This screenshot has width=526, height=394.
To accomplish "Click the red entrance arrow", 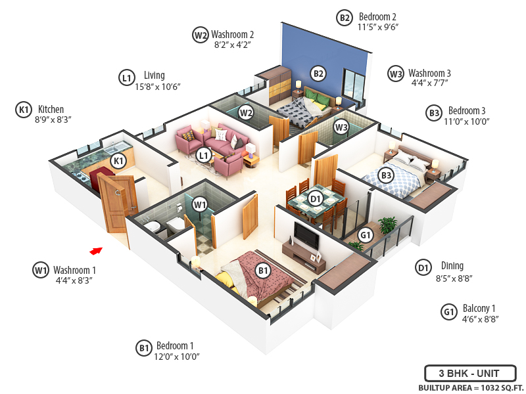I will [x=97, y=250].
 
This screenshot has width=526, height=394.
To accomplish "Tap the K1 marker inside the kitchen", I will [x=118, y=160].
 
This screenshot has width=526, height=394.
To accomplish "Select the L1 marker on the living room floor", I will [x=204, y=156].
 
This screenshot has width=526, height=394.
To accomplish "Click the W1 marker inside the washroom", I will [x=200, y=205].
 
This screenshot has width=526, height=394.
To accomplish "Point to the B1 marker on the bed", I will [x=263, y=270].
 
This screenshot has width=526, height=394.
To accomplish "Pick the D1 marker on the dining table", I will [x=316, y=197].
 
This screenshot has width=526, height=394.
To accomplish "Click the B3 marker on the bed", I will [x=387, y=175].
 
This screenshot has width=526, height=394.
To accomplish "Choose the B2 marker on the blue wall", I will [x=318, y=74].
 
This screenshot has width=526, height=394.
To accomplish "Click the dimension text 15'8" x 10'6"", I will [x=157, y=87].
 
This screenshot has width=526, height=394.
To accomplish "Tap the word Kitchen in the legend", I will [x=51, y=109].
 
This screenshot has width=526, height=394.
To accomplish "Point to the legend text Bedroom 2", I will [x=377, y=16].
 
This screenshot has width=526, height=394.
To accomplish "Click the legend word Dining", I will [x=452, y=266].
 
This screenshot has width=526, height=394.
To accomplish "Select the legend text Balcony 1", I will [x=479, y=308].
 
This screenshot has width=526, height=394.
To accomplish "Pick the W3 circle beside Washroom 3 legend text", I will [x=395, y=74].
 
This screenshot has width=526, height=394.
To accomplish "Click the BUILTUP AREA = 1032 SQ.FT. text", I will [x=467, y=387].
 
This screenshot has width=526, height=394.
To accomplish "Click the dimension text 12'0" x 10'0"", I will [x=177, y=357].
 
